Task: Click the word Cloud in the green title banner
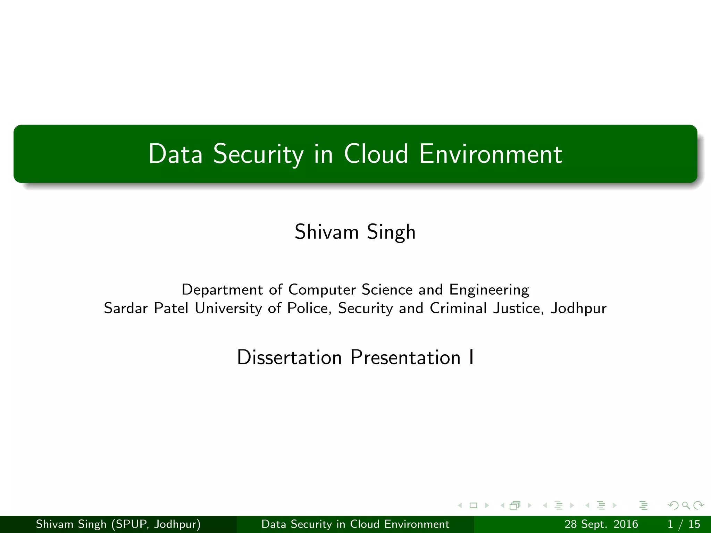[376, 154]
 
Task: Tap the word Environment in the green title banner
[491, 154]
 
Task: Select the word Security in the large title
[258, 154]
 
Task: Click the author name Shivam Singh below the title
[355, 232]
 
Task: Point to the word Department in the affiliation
[222, 290]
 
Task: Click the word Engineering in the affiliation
[489, 290]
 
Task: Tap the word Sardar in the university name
[126, 308]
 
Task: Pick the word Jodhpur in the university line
[579, 308]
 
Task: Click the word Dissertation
[290, 357]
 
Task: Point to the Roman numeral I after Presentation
[471, 357]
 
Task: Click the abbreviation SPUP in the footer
[132, 524]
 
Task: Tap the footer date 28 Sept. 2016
[601, 524]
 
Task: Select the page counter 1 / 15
[684, 524]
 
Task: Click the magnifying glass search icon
[686, 506]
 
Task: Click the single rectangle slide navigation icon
[473, 506]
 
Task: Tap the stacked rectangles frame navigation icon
[515, 506]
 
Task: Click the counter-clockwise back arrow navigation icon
[673, 506]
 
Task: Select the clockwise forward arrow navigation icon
[698, 506]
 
